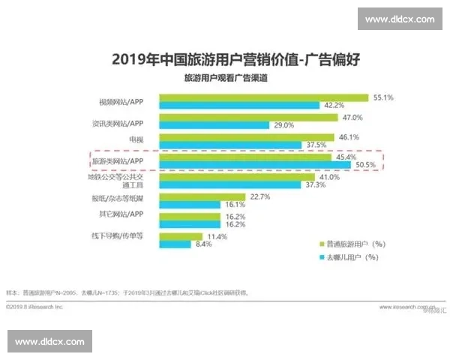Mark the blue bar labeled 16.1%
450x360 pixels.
pyautogui.click(x=187, y=204)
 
